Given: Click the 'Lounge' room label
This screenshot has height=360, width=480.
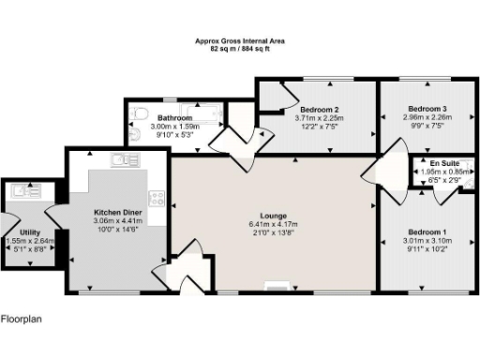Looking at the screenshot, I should [273, 215].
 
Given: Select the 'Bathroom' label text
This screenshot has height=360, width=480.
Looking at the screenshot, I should [175, 117].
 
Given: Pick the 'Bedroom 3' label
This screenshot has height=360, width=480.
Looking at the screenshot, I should [427, 109].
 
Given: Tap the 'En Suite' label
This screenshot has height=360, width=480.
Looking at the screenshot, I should [444, 162].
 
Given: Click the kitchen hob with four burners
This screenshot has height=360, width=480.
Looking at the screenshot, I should [156, 199].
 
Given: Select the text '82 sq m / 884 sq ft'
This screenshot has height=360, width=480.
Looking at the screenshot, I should [240, 48].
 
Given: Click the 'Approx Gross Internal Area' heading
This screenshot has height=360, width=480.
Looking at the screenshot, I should [240, 40].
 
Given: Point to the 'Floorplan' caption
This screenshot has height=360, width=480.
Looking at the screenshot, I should [21, 319].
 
